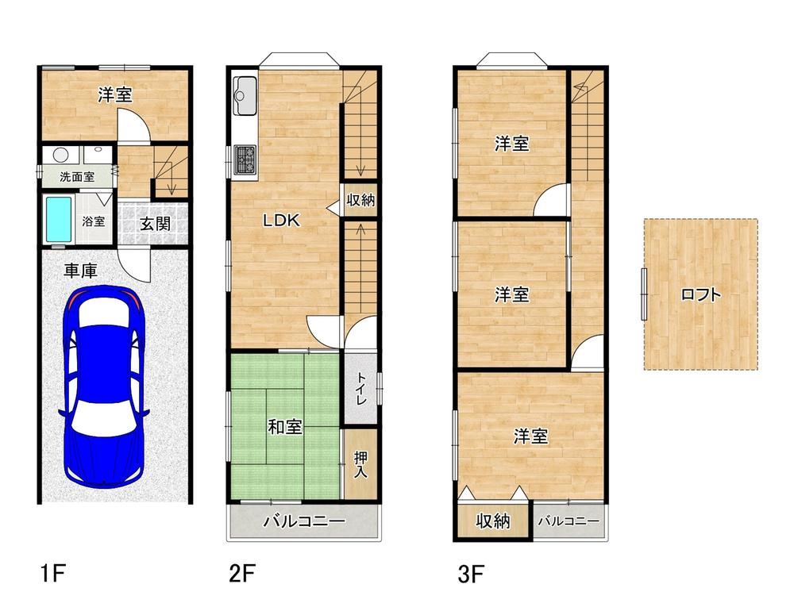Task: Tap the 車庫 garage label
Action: (x=80, y=271)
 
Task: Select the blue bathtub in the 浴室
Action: (x=59, y=220)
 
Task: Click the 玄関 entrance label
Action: (x=155, y=223)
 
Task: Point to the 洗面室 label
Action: (x=77, y=177)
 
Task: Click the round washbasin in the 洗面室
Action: (x=61, y=155)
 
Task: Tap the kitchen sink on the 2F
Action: (x=245, y=95)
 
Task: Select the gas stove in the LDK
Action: (x=245, y=159)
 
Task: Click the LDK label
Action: (x=281, y=221)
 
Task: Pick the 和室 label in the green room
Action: (x=285, y=427)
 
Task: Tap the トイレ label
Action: (x=361, y=388)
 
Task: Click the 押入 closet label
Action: (x=360, y=465)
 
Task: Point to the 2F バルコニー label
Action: (x=304, y=521)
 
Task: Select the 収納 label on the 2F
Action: (x=360, y=200)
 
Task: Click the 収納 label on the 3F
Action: (x=493, y=521)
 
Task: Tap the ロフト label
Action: (x=701, y=294)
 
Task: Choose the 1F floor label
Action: (x=52, y=574)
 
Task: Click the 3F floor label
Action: (x=471, y=574)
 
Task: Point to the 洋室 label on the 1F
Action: (x=115, y=94)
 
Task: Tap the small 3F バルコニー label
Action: (x=569, y=521)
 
